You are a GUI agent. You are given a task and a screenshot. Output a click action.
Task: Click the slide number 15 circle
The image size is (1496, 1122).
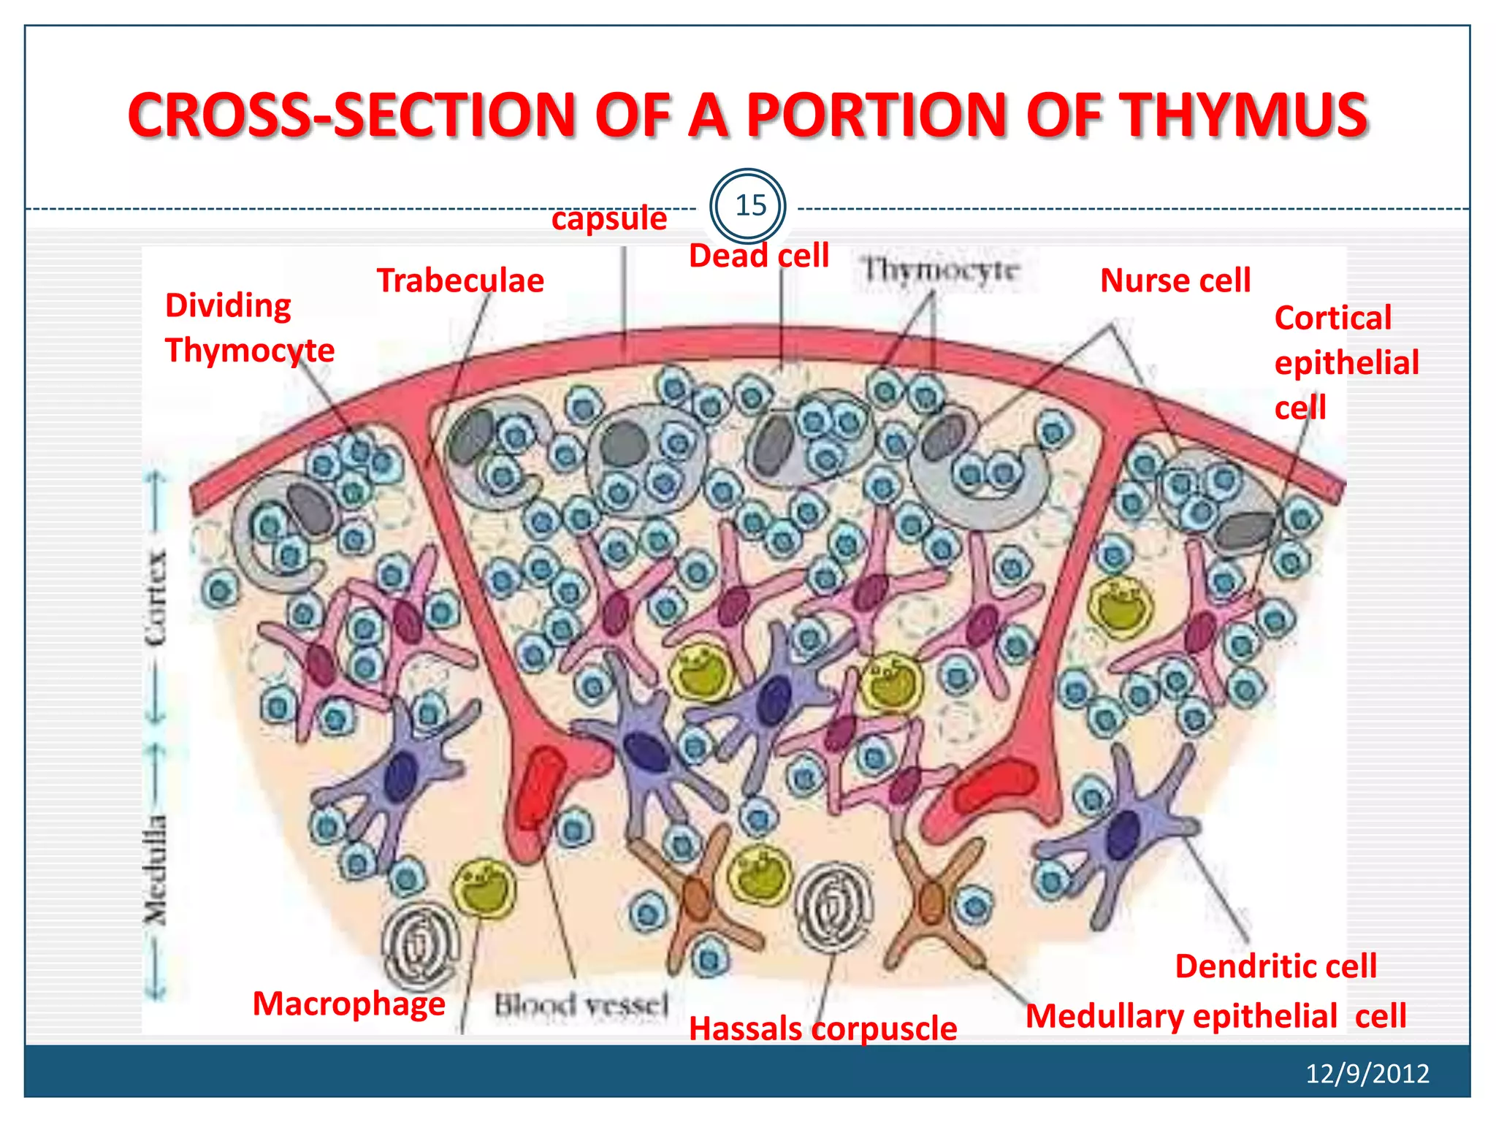tap(747, 206)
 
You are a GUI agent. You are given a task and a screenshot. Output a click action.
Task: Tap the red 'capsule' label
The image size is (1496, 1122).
tap(608, 218)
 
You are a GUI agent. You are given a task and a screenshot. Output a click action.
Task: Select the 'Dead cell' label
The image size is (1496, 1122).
tap(758, 256)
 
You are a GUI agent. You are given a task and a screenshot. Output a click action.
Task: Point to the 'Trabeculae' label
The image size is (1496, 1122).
tap(460, 280)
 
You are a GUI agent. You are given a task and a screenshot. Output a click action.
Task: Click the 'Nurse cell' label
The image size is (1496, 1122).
tap(1175, 280)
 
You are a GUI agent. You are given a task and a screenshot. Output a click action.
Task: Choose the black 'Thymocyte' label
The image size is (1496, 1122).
tap(939, 271)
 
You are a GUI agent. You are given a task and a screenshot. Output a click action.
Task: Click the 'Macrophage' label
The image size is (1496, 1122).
tap(348, 1004)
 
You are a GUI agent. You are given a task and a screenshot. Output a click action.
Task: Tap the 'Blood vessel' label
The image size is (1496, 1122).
tap(581, 1006)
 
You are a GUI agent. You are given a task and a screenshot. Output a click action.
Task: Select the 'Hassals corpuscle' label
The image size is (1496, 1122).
tap(823, 1028)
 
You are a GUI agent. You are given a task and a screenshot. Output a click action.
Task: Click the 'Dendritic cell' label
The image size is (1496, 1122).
tap(1275, 966)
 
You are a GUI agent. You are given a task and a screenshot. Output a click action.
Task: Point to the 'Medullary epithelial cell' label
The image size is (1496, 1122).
tap(1215, 1016)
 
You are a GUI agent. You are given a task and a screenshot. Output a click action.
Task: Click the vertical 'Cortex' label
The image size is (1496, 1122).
tap(155, 599)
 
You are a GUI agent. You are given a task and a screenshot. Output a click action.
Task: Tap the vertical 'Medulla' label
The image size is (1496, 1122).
tap(155, 869)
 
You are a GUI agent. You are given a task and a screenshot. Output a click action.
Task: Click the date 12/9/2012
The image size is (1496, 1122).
tap(1367, 1073)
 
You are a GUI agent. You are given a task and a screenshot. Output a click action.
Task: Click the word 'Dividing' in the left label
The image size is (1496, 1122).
tap(228, 305)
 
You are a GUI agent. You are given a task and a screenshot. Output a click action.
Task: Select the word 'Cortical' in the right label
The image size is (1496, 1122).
tap(1332, 318)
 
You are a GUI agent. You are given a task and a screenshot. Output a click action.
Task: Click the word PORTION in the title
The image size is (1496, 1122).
tap(877, 115)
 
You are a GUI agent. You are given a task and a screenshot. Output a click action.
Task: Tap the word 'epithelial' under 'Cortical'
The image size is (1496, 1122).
tap(1346, 363)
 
